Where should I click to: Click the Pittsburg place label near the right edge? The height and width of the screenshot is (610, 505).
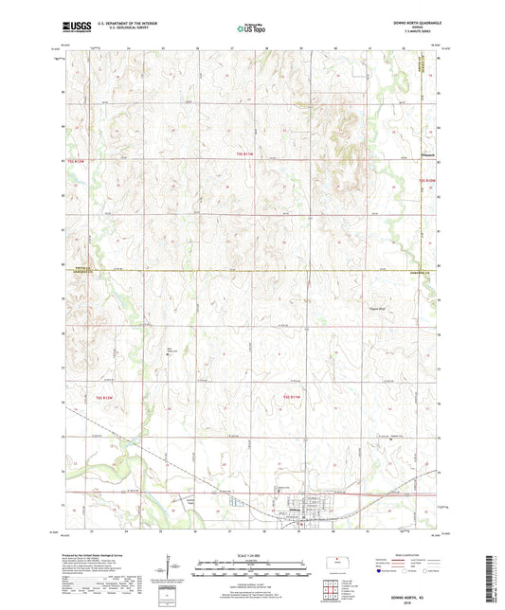428,150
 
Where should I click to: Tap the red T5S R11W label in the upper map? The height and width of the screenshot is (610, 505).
245,153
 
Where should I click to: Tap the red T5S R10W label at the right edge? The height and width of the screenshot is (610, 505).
427,178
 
